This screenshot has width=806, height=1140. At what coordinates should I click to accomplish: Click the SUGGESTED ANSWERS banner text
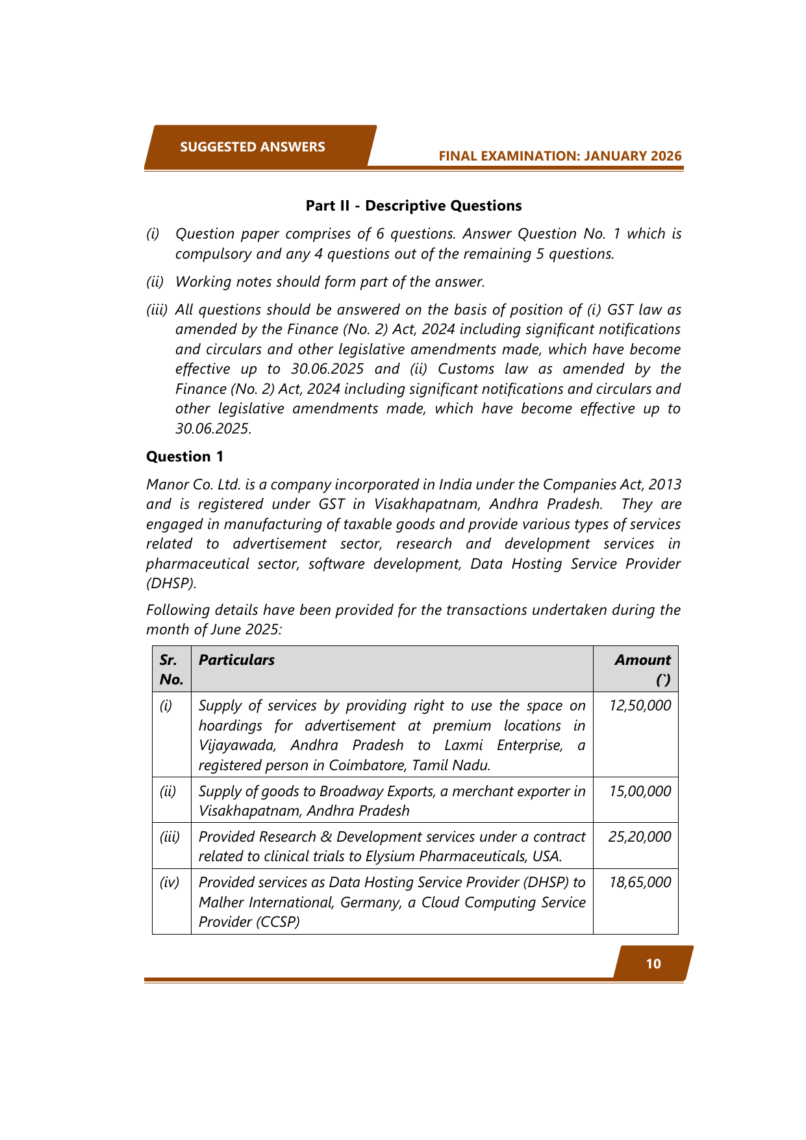(253, 147)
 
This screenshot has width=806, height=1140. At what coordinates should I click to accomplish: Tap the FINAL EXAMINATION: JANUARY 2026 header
(560, 156)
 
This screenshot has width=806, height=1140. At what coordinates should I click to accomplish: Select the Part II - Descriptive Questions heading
(414, 206)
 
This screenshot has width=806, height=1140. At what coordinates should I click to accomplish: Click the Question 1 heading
(184, 457)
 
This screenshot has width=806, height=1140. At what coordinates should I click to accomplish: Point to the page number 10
(653, 964)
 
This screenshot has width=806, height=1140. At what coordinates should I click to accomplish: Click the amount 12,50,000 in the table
(640, 706)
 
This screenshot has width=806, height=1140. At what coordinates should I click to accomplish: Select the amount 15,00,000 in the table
(640, 792)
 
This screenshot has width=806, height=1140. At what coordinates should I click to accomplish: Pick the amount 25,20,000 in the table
(639, 837)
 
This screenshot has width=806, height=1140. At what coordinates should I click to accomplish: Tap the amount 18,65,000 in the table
(640, 883)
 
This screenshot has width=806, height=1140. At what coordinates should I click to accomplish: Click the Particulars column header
(236, 660)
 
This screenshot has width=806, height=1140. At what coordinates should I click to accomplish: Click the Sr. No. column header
(171, 669)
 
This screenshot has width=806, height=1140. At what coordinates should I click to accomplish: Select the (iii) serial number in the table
(170, 837)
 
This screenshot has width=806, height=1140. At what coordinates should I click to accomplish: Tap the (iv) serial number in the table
(170, 883)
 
